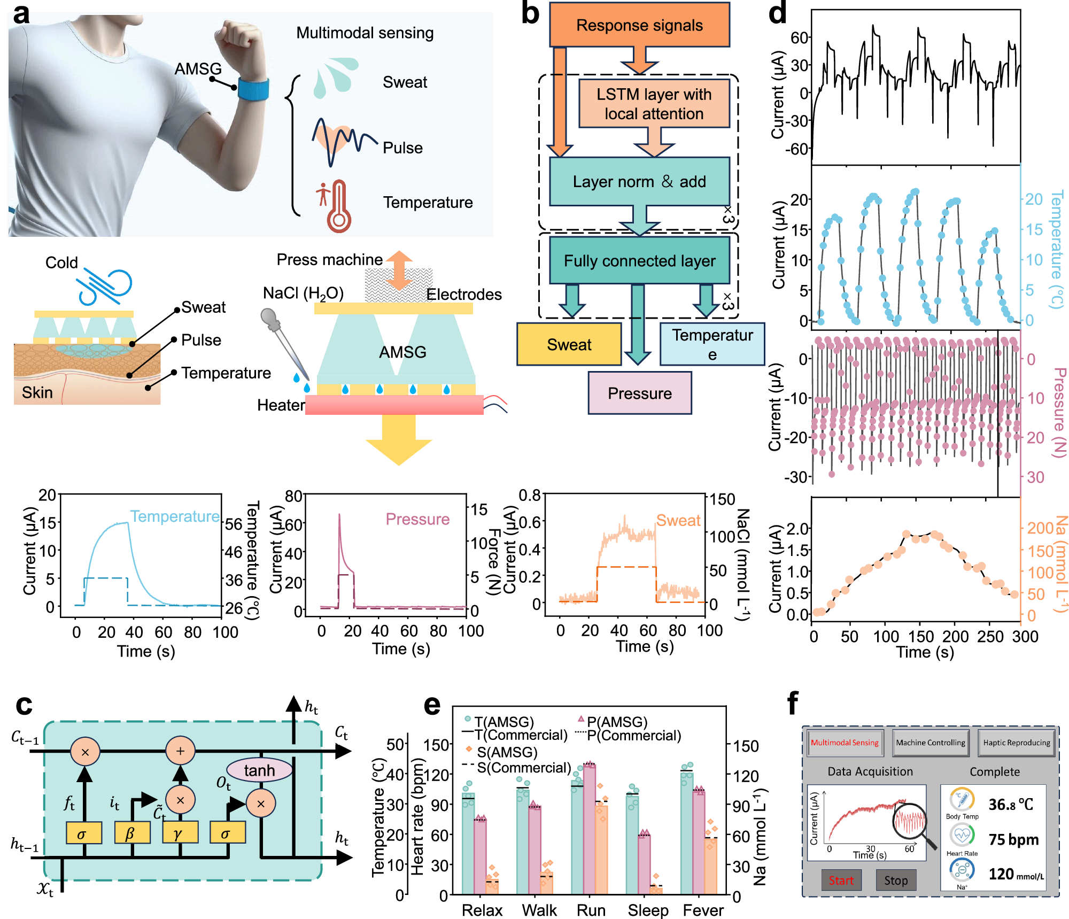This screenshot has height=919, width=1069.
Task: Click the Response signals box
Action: pyautogui.click(x=639, y=25)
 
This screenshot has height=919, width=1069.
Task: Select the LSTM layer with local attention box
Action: pyautogui.click(x=654, y=104)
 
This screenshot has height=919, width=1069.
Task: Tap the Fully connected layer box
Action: pyautogui.click(x=639, y=260)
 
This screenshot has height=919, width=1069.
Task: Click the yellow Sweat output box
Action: pyautogui.click(x=569, y=344)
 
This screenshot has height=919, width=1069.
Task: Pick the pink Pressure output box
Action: pyautogui.click(x=639, y=393)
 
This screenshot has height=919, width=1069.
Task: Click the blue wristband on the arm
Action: pyautogui.click(x=253, y=89)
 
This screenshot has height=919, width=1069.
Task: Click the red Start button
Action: pyautogui.click(x=841, y=881)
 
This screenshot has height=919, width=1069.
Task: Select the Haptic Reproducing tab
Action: pyautogui.click(x=1016, y=743)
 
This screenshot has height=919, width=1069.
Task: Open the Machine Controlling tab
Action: pyautogui.click(x=931, y=743)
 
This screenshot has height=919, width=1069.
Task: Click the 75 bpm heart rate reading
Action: pyautogui.click(x=1013, y=839)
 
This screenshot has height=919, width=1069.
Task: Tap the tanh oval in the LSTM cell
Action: pyautogui.click(x=259, y=770)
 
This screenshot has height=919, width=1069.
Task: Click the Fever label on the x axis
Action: pyautogui.click(x=703, y=910)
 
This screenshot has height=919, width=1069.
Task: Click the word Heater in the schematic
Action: pyautogui.click(x=280, y=405)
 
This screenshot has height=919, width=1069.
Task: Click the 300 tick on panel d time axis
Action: pyautogui.click(x=1025, y=636)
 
